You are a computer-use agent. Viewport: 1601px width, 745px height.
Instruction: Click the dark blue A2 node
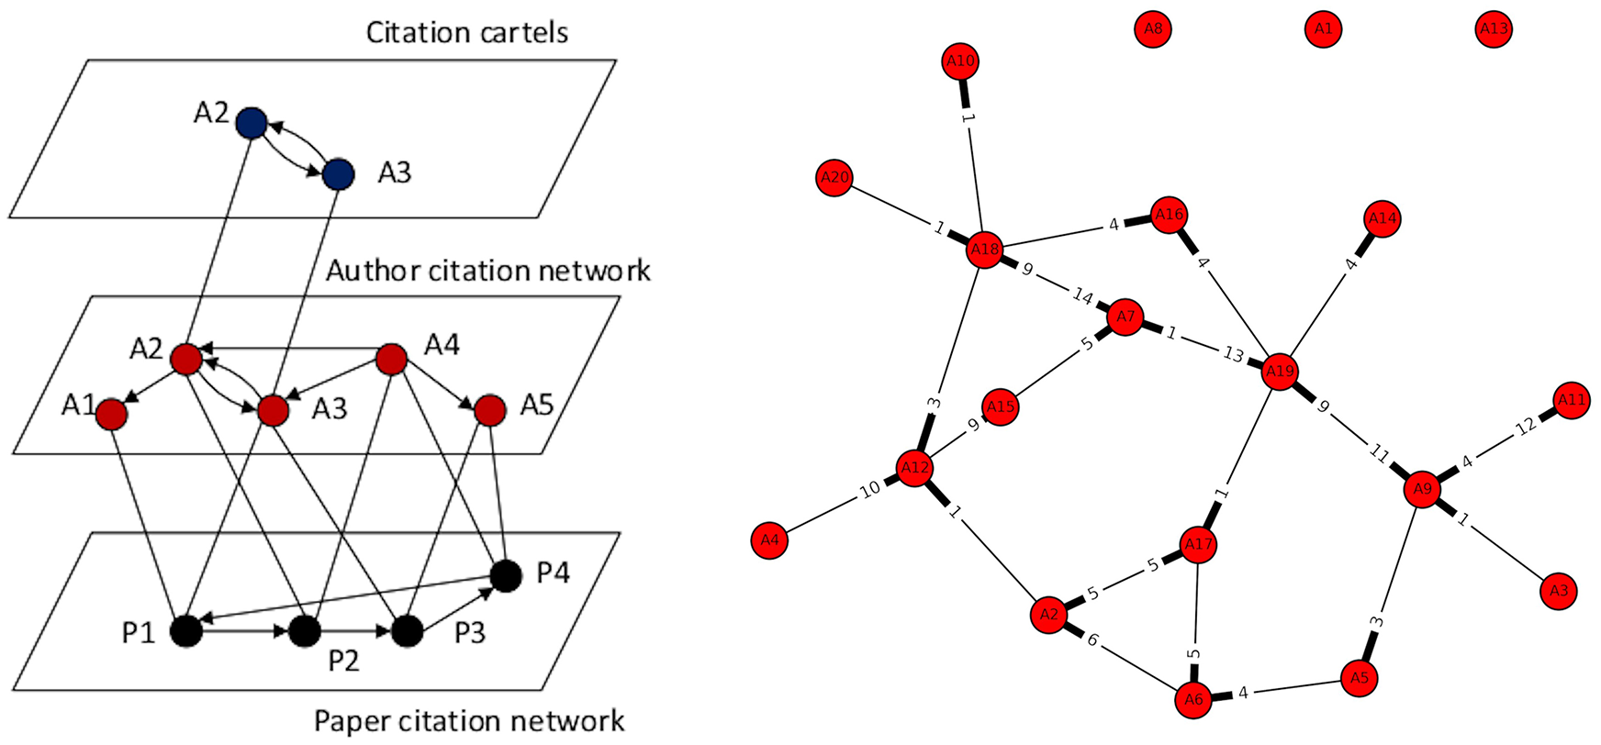tap(251, 122)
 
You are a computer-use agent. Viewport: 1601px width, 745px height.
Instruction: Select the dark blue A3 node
tap(339, 173)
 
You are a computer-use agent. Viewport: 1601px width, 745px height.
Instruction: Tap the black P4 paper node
tap(505, 576)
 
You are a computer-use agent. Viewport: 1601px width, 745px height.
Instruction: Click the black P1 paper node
tap(186, 631)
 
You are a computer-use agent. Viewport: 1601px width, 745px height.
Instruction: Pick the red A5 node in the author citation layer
tap(490, 410)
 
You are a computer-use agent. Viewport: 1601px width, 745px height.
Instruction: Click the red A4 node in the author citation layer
tap(391, 359)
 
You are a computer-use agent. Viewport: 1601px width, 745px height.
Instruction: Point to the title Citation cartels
tap(466, 32)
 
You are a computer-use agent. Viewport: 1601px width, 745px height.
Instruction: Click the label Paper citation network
tap(469, 721)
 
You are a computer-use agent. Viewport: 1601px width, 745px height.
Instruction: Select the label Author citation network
tap(487, 271)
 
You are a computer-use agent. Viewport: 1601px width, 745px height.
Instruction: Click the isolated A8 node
tap(1153, 28)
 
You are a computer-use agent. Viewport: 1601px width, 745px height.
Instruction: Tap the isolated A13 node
tap(1494, 28)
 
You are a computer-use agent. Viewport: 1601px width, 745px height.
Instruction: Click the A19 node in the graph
tap(1279, 372)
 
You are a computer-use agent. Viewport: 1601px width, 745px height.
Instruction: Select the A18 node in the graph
tap(983, 250)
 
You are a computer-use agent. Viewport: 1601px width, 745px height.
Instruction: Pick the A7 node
tap(1125, 317)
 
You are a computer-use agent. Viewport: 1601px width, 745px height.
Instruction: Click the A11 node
tap(1572, 400)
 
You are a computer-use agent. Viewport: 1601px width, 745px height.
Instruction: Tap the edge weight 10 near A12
tap(869, 489)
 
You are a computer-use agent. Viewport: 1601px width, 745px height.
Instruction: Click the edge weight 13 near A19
tap(1233, 354)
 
